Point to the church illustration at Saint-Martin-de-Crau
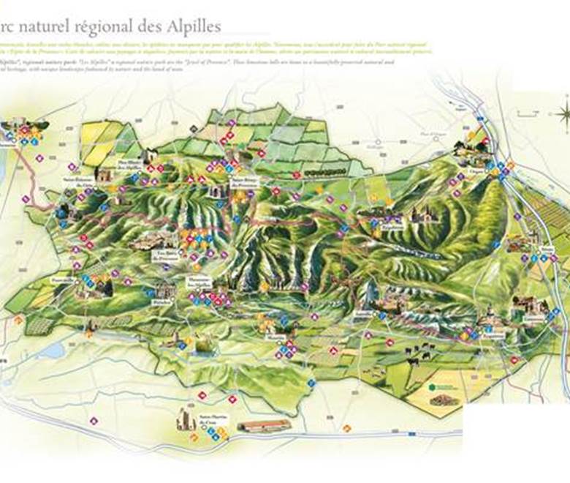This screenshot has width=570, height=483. pyautogui.click(x=184, y=419)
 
